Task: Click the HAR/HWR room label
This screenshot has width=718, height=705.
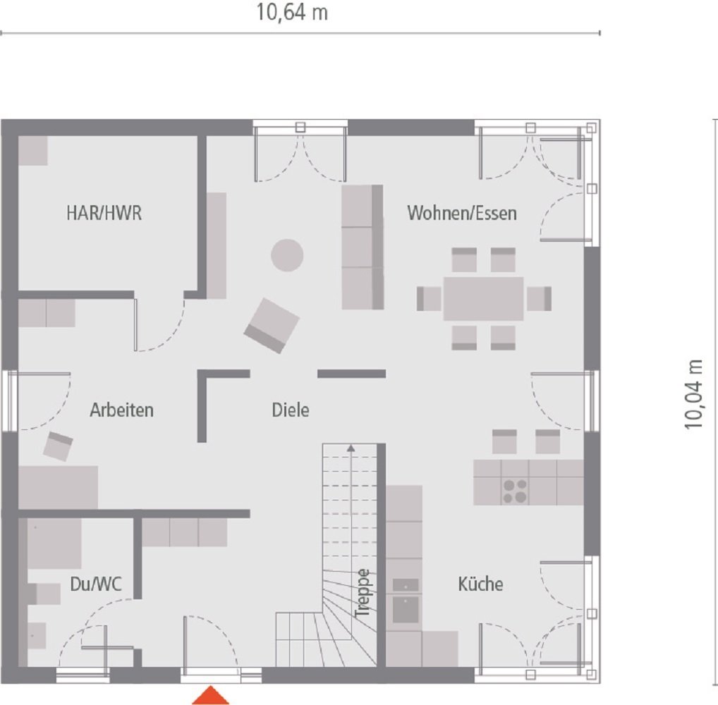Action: click(104, 214)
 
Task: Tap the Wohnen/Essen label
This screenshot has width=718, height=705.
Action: click(462, 213)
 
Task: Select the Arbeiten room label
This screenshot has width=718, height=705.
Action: click(121, 410)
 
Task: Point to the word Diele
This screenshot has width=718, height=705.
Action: click(291, 410)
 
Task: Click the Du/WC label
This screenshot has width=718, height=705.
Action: click(96, 584)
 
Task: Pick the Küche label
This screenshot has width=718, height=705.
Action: click(480, 584)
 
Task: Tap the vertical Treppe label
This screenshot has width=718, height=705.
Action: click(363, 593)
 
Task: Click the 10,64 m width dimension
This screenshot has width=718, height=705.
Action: click(292, 13)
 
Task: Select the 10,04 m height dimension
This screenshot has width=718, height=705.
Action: click(694, 394)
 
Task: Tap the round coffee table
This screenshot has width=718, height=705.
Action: click(287, 255)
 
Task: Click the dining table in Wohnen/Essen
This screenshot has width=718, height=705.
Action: click(484, 298)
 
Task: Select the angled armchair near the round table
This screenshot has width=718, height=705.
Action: click(272, 325)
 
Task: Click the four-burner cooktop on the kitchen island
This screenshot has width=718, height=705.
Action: click(515, 490)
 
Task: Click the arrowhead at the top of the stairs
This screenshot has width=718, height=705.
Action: click(350, 446)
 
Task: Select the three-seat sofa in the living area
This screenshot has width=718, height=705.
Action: click(362, 247)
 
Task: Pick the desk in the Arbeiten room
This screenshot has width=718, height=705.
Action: click(58, 487)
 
